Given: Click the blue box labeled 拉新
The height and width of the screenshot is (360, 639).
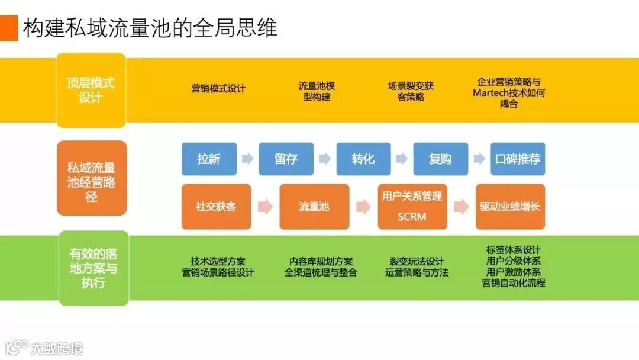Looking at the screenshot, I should [x=209, y=159].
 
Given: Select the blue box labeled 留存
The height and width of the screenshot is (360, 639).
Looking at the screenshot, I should [x=286, y=159].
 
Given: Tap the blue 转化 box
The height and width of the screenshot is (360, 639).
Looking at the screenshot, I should [x=363, y=159].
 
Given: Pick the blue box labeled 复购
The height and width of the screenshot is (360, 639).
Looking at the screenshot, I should [x=440, y=159].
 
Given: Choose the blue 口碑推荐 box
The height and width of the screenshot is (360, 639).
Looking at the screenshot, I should [x=518, y=159].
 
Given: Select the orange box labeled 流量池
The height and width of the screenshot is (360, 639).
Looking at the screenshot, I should [x=314, y=207].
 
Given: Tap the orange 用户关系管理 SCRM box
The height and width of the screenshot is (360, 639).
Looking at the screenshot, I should [x=412, y=207].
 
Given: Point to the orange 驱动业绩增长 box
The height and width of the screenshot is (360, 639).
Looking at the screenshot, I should [x=510, y=207].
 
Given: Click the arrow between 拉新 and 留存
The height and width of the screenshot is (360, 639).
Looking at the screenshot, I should [x=247, y=159].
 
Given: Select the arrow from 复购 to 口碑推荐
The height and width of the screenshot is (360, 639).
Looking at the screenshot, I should [x=479, y=159].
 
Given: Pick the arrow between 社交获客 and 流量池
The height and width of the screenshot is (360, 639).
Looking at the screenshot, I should [x=265, y=207].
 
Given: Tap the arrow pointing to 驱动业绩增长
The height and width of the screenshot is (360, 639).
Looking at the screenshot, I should [x=461, y=207].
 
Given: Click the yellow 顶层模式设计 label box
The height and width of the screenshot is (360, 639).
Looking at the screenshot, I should [x=91, y=90].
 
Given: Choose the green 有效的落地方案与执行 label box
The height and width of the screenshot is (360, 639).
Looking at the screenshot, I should [x=93, y=268].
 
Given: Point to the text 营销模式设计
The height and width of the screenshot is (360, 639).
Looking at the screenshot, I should [x=218, y=89].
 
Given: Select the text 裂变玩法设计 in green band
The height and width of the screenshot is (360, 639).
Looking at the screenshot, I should [x=417, y=261].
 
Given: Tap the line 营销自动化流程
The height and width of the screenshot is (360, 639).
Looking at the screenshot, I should [x=513, y=283].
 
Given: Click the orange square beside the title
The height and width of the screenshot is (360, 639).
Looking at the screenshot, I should [x=9, y=28].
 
